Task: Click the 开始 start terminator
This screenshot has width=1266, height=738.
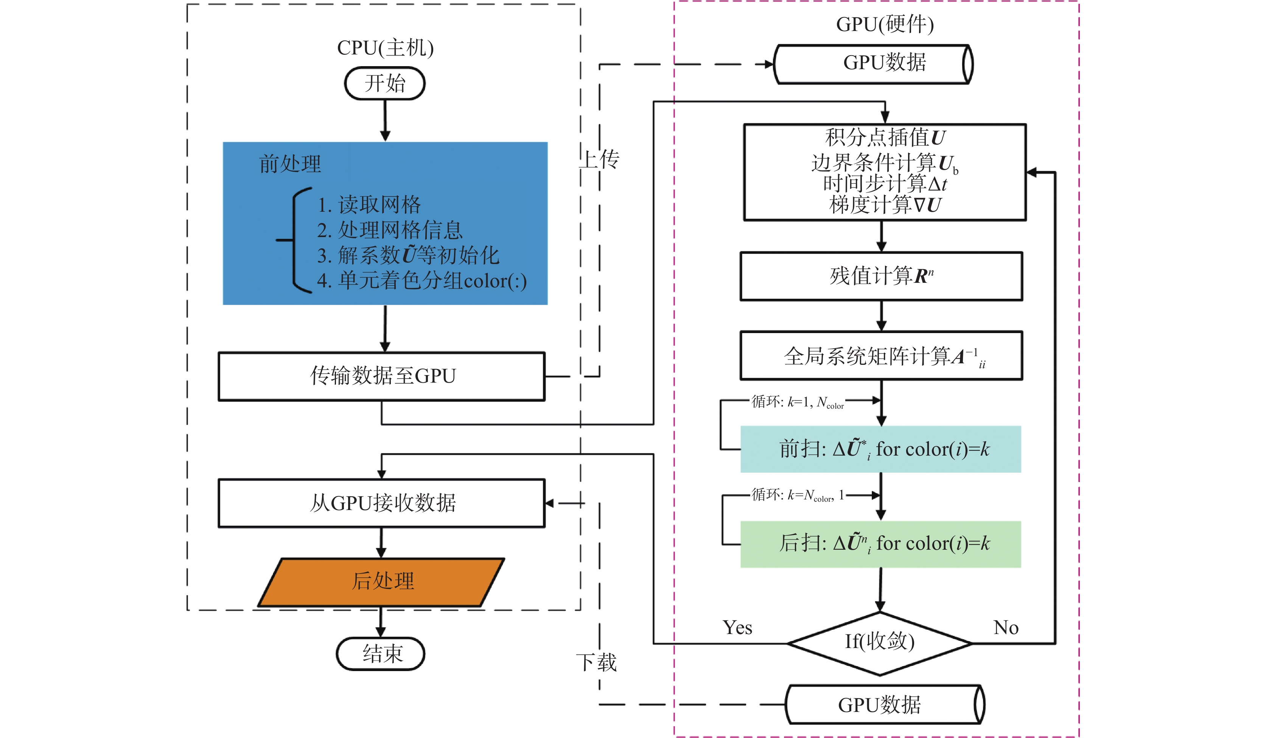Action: click(x=384, y=83)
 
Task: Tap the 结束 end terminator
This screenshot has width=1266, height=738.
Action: click(x=381, y=654)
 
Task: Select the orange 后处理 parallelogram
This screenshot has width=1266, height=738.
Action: click(x=381, y=581)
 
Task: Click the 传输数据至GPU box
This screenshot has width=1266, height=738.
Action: click(x=381, y=376)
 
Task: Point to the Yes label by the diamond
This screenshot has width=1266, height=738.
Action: click(x=737, y=628)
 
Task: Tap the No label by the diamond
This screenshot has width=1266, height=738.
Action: click(x=1006, y=628)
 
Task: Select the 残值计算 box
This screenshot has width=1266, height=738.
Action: click(x=881, y=276)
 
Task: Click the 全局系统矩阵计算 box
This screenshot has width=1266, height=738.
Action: click(x=881, y=355)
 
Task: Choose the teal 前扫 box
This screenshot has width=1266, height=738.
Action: click(x=881, y=449)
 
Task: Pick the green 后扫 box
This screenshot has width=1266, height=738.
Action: click(x=881, y=544)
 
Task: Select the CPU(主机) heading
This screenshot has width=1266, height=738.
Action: click(x=385, y=48)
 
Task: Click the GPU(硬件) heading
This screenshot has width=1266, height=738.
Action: click(x=885, y=24)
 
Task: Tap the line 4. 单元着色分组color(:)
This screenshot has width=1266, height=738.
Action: click(x=422, y=281)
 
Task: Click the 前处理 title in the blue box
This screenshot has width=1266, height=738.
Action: click(x=290, y=164)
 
